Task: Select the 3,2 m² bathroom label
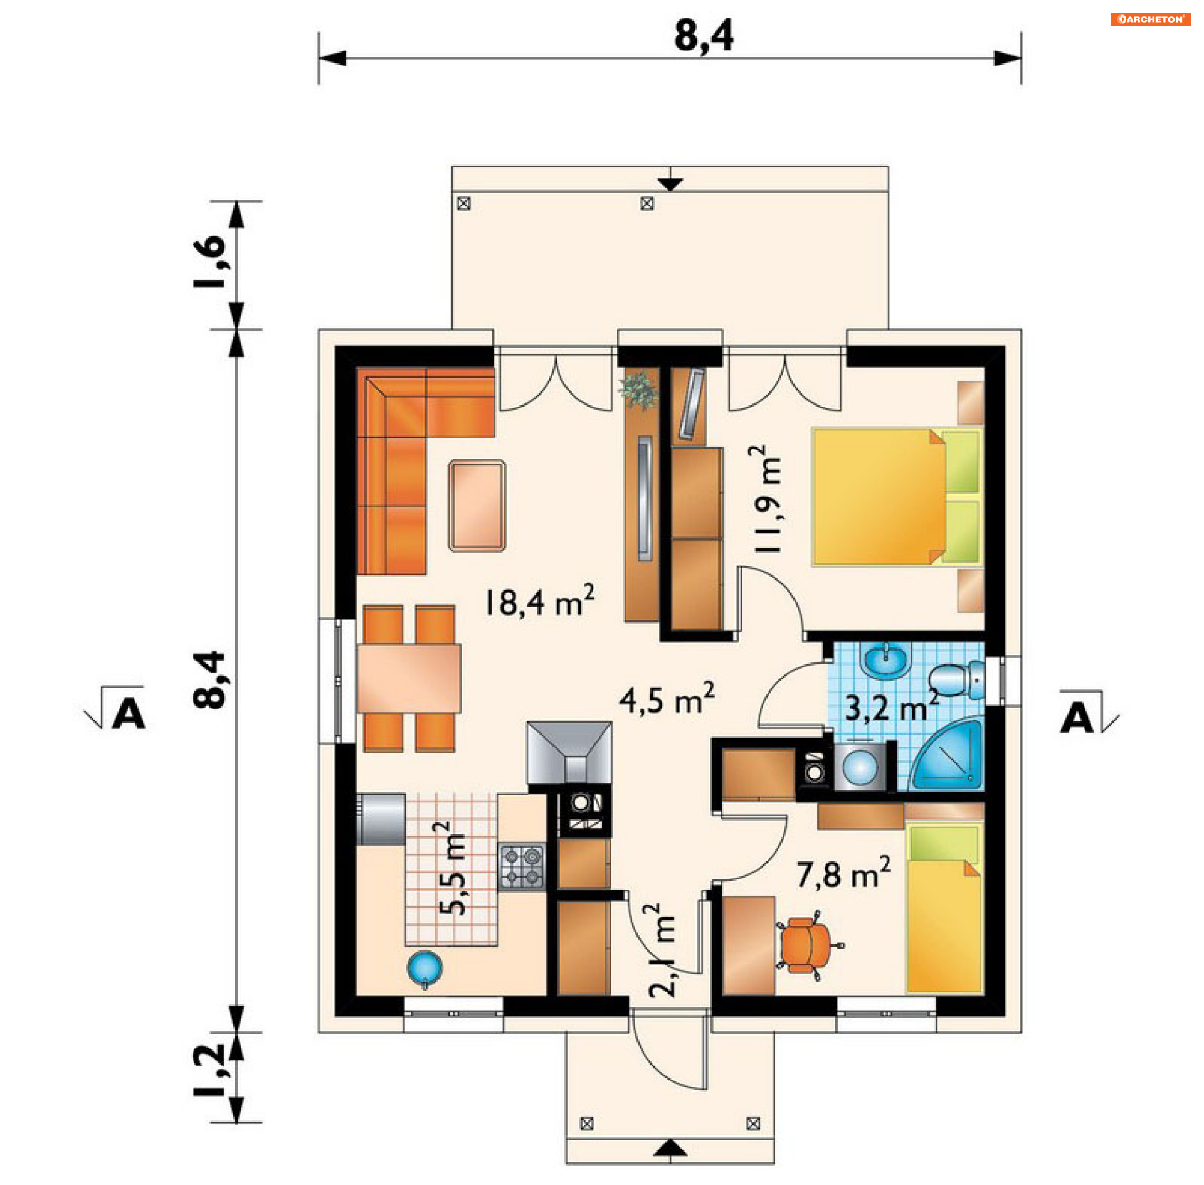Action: (891, 708)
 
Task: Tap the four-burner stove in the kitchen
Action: (522, 866)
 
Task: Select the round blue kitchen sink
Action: (425, 967)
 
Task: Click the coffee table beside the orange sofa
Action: (477, 506)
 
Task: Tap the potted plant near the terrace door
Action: (639, 388)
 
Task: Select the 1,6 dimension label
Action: (209, 262)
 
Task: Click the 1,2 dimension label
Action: (209, 1070)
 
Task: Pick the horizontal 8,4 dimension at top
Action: (704, 36)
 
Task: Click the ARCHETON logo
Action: (1150, 19)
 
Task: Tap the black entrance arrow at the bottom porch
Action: (670, 1147)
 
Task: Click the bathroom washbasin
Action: (885, 661)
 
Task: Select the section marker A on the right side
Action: (1077, 717)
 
